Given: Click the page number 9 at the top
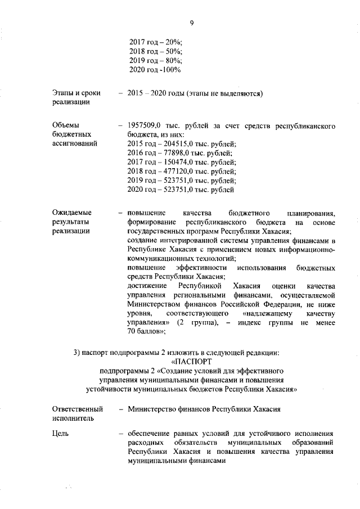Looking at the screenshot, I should click(x=191, y=23).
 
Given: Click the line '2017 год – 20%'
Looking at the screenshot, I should click(x=156, y=42).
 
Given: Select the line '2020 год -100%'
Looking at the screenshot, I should click(x=155, y=70).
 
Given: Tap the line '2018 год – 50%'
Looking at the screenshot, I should click(x=156, y=51).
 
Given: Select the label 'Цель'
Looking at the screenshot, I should click(x=60, y=434).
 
